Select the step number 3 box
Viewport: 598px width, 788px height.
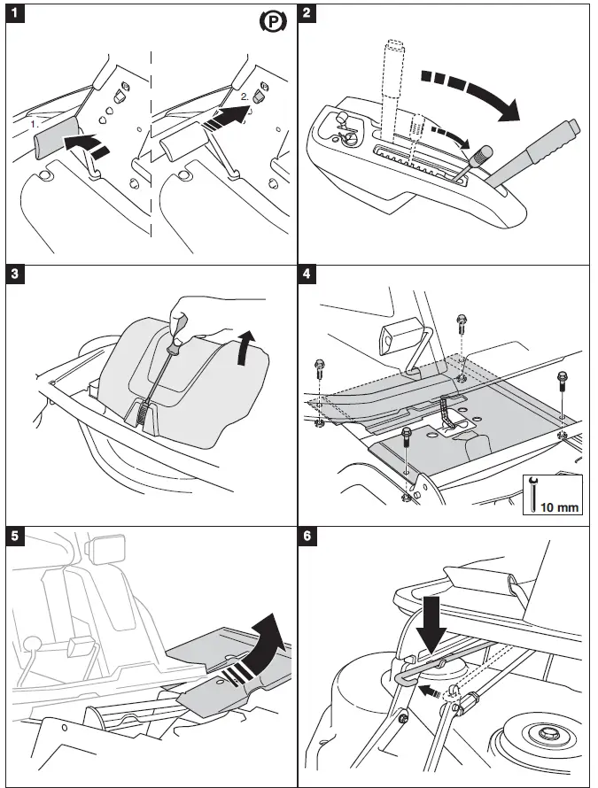tap(15, 274)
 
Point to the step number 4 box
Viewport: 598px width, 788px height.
tap(307, 274)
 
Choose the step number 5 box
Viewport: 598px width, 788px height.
tap(15, 535)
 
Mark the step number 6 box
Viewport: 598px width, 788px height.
tap(307, 535)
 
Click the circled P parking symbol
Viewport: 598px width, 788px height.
tap(272, 22)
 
